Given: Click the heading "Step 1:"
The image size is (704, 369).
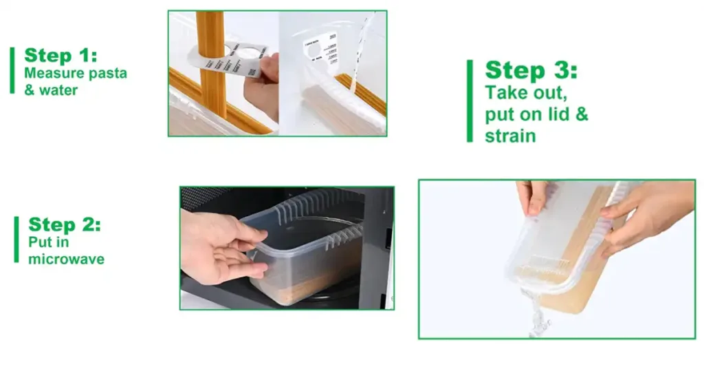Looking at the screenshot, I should [x=60, y=56].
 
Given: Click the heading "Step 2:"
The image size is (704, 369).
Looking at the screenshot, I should [x=65, y=224].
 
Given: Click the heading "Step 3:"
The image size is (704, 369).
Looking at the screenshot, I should [x=531, y=71].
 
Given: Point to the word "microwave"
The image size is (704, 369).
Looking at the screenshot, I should [x=66, y=260].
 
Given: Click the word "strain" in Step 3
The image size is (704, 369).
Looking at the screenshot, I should [x=510, y=135].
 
